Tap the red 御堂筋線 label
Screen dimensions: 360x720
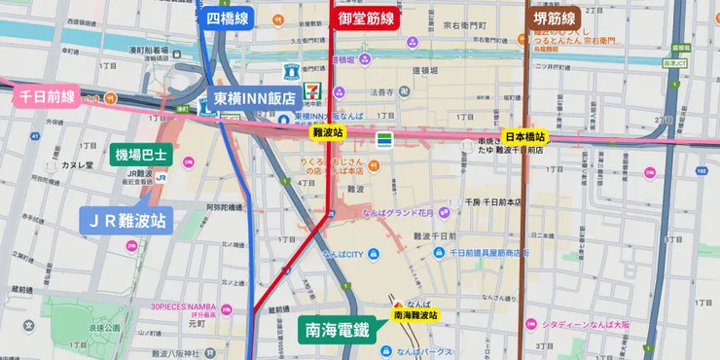pyautogui.click(x=367, y=18)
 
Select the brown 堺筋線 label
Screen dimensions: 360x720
pyautogui.click(x=553, y=18)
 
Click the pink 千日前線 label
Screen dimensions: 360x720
pyautogui.click(x=46, y=95)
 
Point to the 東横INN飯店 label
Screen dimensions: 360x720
pyautogui.click(x=255, y=98)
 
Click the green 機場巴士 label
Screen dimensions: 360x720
pyautogui.click(x=141, y=154)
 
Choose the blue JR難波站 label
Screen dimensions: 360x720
pyautogui.click(x=126, y=221)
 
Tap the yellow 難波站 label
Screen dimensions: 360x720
pyautogui.click(x=326, y=131)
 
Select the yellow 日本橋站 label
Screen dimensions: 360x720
pyautogui.click(x=524, y=136)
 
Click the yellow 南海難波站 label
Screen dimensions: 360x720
pyautogui.click(x=415, y=315)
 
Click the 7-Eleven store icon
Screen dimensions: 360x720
pyautogui.click(x=311, y=89)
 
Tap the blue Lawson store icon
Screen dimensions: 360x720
pyautogui.click(x=290, y=71)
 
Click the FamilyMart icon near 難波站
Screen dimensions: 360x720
pyautogui.click(x=385, y=137)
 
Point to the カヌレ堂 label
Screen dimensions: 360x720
pyautogui.click(x=76, y=165)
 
